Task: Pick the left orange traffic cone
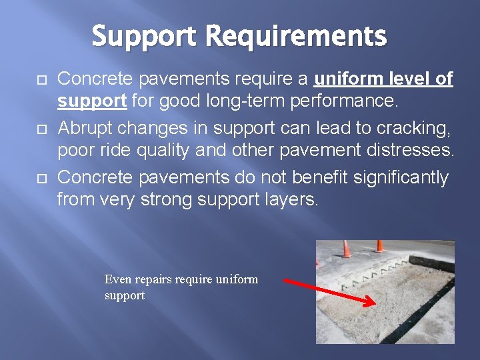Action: [x=347, y=249]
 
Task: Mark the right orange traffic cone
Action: [x=380, y=245]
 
